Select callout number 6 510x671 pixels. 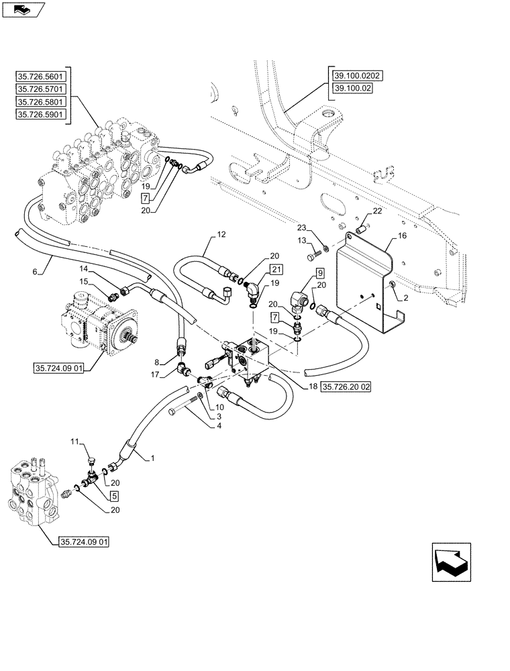pyautogui.click(x=35, y=271)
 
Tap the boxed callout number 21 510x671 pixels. pyautogui.click(x=277, y=269)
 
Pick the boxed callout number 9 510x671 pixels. pyautogui.click(x=319, y=273)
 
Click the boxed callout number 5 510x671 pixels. pyautogui.click(x=115, y=497)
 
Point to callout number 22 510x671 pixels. pyautogui.click(x=377, y=212)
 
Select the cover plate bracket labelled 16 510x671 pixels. pyautogui.click(x=366, y=282)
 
